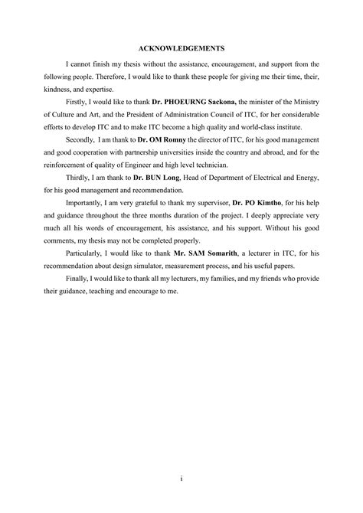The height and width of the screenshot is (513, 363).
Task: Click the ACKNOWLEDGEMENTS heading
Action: (181, 46)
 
